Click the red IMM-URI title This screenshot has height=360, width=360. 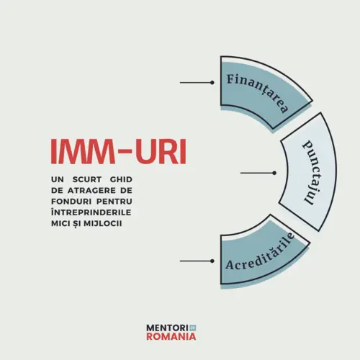[x=119, y=151]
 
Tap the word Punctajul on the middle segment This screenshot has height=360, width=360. [x=311, y=173]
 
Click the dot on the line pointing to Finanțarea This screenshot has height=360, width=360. [x=212, y=83]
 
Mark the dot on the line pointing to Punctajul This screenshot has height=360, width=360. [x=274, y=173]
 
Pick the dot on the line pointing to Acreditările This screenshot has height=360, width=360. [x=212, y=261]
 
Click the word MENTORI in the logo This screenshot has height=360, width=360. [x=167, y=328]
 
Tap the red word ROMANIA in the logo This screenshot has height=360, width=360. [x=171, y=336]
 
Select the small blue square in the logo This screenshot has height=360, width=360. [x=193, y=328]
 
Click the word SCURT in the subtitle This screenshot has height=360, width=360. [x=87, y=179]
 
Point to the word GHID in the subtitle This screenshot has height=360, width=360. [x=121, y=179]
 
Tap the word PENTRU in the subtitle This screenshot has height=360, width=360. [x=114, y=202]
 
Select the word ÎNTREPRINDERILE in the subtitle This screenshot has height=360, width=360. [x=91, y=212]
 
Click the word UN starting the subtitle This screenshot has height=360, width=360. [x=58, y=179]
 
